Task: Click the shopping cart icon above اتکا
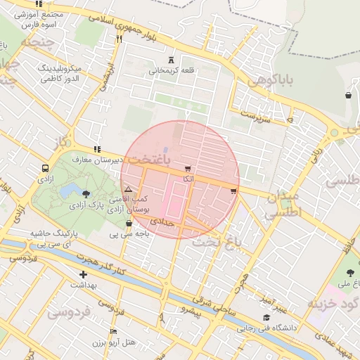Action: (187, 169)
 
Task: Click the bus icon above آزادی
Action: (45, 169)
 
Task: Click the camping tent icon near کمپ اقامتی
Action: (127, 190)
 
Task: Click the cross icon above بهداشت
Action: (84, 274)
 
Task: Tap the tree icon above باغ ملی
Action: (349, 273)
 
